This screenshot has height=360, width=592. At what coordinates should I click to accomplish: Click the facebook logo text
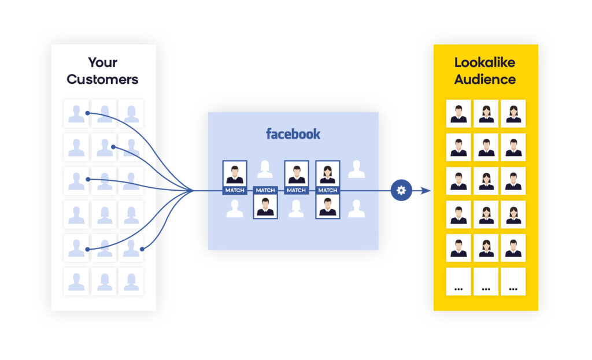(x=293, y=134)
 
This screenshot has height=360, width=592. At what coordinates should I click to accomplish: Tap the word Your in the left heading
(x=103, y=62)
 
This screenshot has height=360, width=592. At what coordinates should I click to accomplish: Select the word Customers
(x=103, y=79)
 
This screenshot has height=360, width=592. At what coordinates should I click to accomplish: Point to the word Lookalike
(x=484, y=62)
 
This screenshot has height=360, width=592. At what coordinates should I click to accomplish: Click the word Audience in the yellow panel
(x=484, y=79)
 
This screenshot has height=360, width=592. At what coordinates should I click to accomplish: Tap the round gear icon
(x=401, y=191)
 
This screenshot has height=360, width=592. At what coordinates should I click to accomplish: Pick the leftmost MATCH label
(x=235, y=190)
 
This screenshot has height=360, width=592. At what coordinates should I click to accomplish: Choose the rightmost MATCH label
(x=327, y=190)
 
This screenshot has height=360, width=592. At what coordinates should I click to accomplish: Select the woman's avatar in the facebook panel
(x=327, y=173)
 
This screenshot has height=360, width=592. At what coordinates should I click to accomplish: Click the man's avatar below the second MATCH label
(x=265, y=207)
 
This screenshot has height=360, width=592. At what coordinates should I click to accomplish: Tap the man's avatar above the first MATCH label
(x=235, y=173)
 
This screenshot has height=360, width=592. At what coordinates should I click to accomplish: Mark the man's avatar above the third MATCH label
(x=296, y=173)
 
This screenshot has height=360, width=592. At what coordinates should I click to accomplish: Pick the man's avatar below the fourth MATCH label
(x=327, y=207)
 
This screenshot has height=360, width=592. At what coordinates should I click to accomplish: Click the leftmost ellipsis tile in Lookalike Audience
(x=458, y=281)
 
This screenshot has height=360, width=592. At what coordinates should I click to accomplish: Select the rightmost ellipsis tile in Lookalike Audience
(x=513, y=281)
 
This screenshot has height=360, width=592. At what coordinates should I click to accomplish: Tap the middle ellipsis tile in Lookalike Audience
(x=486, y=281)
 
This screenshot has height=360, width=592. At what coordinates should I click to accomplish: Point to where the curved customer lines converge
(x=193, y=190)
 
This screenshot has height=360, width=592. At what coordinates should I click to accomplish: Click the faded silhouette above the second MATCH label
(x=265, y=169)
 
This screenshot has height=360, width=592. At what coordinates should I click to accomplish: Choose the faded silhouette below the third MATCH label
(x=296, y=209)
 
